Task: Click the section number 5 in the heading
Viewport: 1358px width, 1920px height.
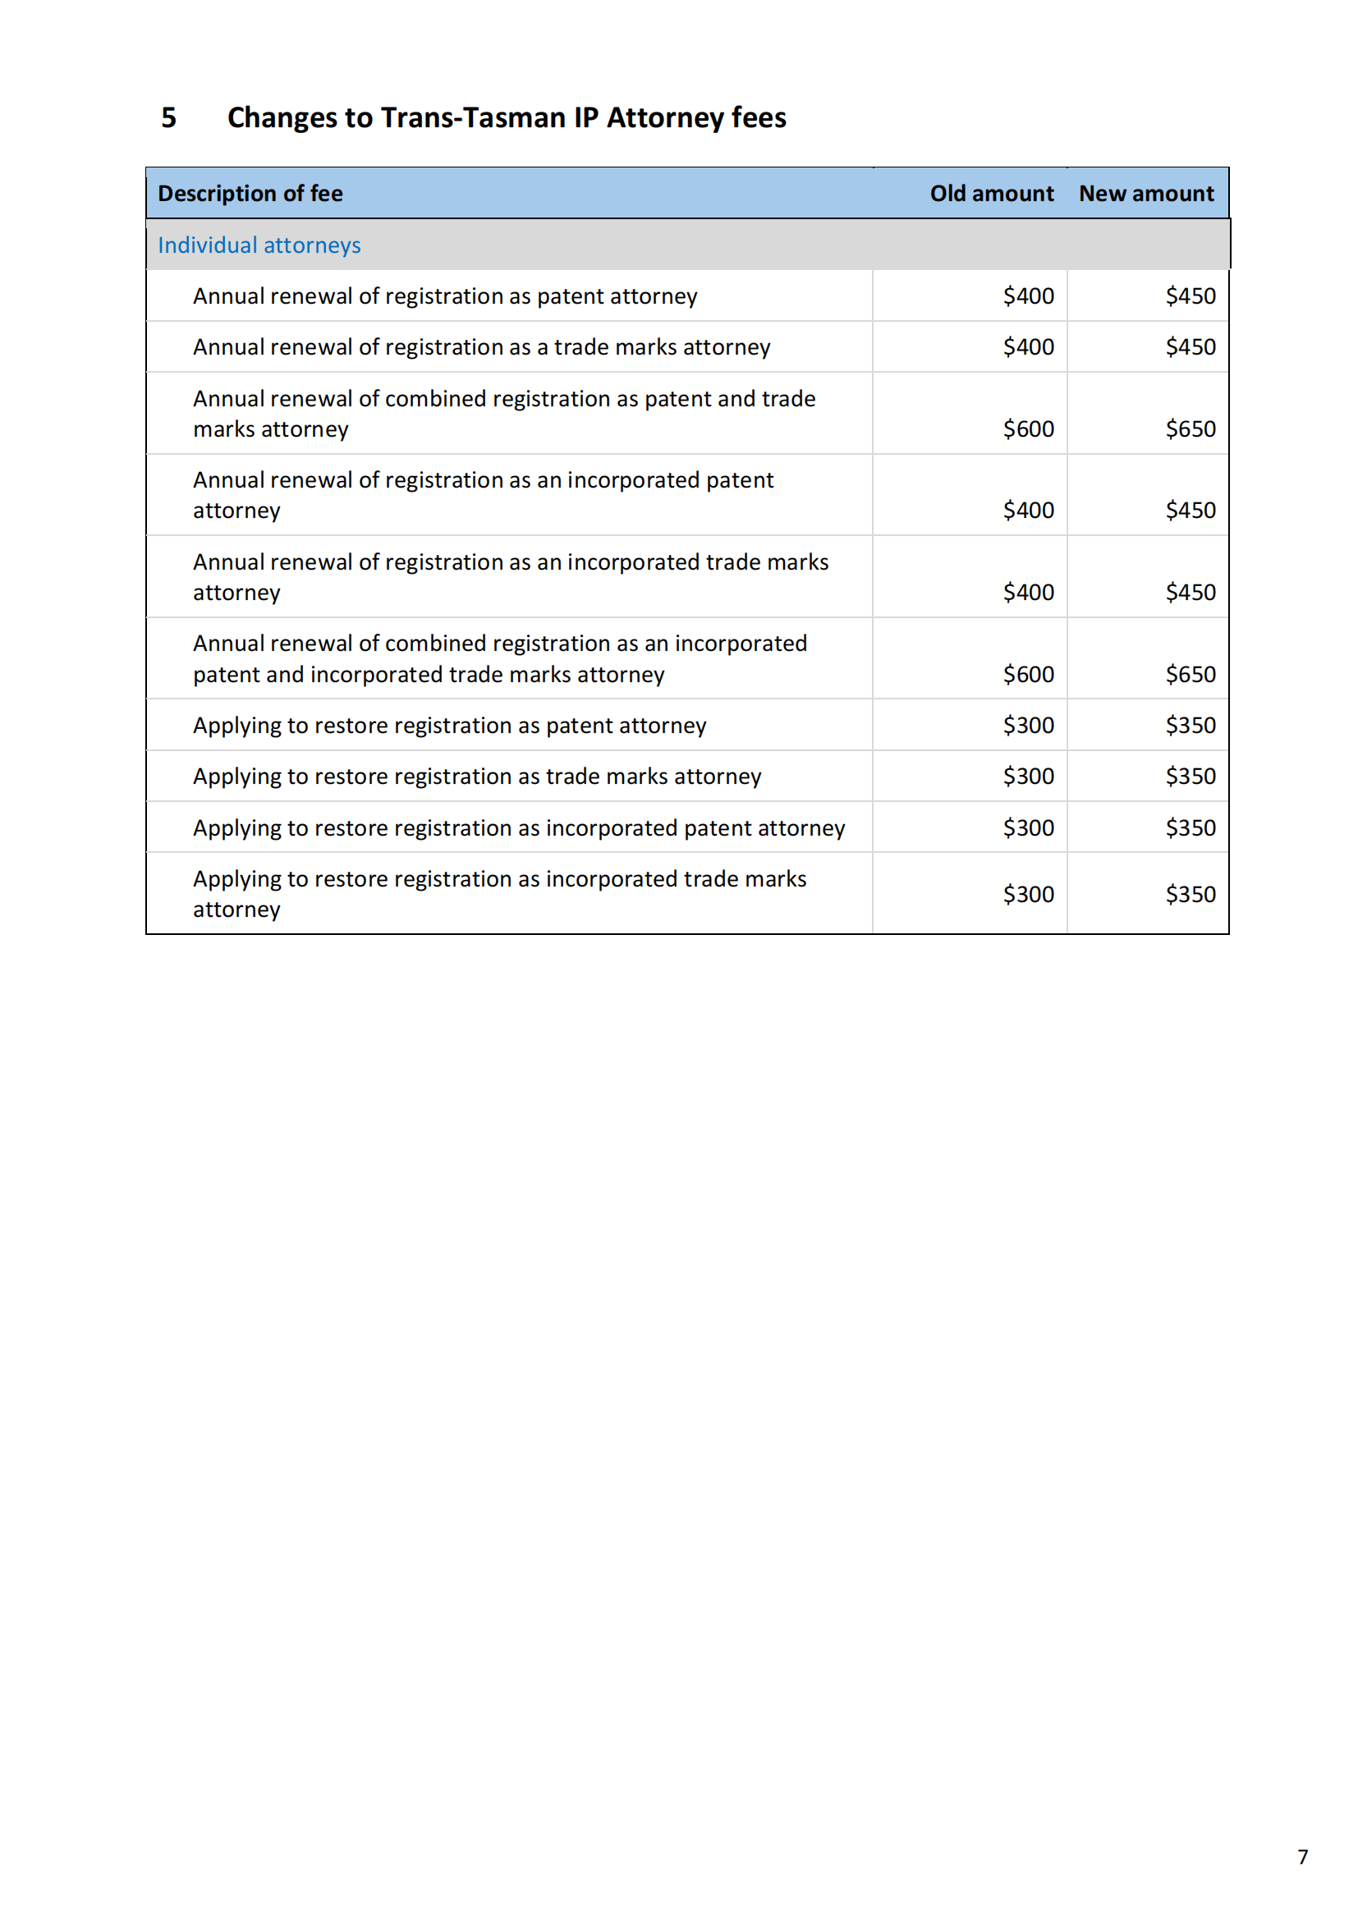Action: click(x=169, y=118)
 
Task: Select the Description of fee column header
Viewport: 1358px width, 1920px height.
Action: click(x=250, y=194)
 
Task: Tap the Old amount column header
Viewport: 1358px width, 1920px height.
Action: click(x=991, y=194)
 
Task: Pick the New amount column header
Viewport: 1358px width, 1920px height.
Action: click(x=1145, y=194)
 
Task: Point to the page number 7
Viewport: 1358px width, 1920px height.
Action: click(x=1302, y=1858)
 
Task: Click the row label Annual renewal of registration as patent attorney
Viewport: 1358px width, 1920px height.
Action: click(x=445, y=297)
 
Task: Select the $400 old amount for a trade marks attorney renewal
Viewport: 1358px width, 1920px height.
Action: click(x=1028, y=347)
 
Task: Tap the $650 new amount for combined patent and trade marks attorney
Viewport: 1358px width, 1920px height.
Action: click(x=1190, y=429)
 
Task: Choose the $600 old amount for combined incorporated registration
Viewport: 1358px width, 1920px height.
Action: click(x=1028, y=674)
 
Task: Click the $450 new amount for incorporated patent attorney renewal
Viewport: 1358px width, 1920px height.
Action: click(x=1190, y=510)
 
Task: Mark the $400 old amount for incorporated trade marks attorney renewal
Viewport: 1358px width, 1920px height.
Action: click(x=1028, y=592)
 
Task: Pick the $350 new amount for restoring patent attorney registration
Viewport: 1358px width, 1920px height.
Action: click(x=1190, y=725)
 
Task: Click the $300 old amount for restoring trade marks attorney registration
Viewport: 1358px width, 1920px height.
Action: click(x=1028, y=776)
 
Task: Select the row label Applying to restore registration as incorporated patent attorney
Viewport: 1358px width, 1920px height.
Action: click(x=518, y=828)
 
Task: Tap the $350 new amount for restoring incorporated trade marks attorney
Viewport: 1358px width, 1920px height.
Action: click(x=1190, y=895)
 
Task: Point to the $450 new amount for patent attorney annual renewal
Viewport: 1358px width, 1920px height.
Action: click(x=1190, y=296)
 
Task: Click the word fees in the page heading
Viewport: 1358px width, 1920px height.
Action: click(x=759, y=118)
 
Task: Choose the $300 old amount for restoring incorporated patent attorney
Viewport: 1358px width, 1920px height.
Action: click(x=1028, y=828)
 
